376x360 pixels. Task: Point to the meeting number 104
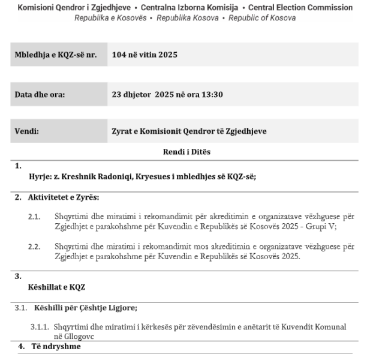click(119, 55)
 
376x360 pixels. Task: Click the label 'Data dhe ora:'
click(40, 94)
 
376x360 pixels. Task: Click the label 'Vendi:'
click(27, 131)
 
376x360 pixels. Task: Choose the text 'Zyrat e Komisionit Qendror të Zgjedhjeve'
click(189, 131)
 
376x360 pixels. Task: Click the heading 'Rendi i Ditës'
click(187, 152)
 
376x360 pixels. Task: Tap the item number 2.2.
click(34, 245)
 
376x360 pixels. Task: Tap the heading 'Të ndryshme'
click(56, 347)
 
